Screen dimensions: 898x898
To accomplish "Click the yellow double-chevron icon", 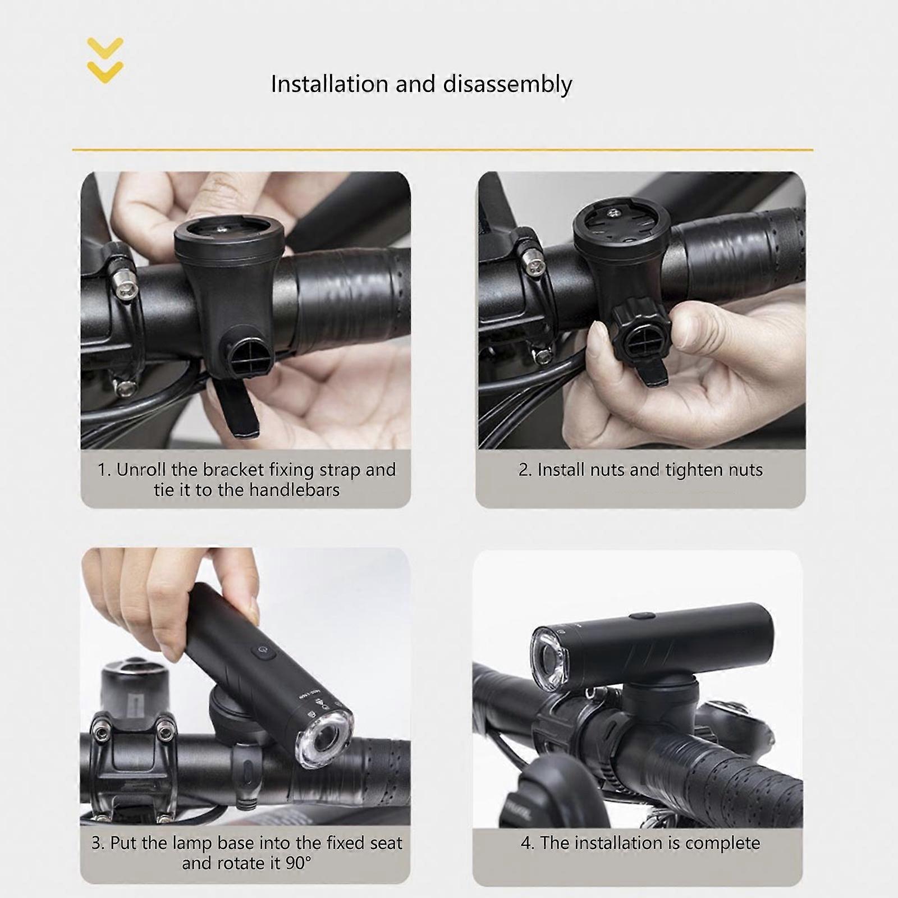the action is [x=106, y=61].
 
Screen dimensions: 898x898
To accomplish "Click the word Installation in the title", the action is [x=329, y=84].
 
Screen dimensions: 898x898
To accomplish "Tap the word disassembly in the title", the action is [x=507, y=84].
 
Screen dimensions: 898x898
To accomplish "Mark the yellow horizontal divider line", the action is [x=443, y=150].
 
